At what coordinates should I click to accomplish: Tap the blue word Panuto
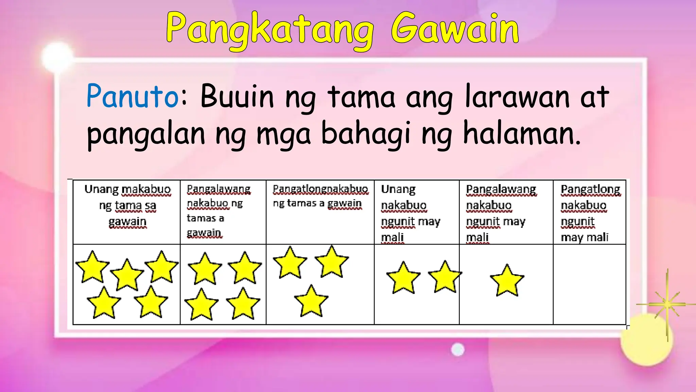click(x=133, y=96)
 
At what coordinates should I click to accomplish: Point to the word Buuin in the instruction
click(x=237, y=96)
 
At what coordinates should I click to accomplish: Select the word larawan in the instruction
click(x=517, y=96)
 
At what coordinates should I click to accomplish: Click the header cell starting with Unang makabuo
click(x=127, y=212)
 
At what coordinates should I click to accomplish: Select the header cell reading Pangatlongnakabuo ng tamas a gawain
click(x=320, y=212)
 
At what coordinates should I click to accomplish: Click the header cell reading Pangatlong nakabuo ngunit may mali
click(x=590, y=212)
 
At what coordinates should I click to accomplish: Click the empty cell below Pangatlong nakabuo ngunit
click(x=590, y=284)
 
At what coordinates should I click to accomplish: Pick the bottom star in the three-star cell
click(x=311, y=301)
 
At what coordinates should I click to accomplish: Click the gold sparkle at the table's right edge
click(x=667, y=304)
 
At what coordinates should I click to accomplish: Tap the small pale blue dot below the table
click(x=457, y=349)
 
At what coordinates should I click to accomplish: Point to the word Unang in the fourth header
click(x=398, y=189)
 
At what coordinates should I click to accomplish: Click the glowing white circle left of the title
click(x=57, y=56)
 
